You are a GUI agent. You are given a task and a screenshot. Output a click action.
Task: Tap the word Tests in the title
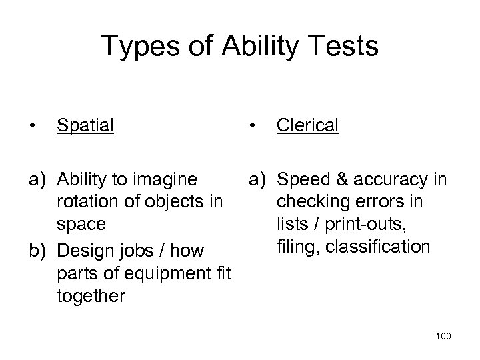[344, 47]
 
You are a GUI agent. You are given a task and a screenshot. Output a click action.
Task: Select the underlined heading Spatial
[85, 125]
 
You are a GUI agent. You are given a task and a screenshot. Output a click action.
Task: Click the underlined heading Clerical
[308, 125]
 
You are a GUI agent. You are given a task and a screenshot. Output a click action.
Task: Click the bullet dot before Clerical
[252, 125]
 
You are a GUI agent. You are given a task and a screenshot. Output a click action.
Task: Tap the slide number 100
[442, 336]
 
